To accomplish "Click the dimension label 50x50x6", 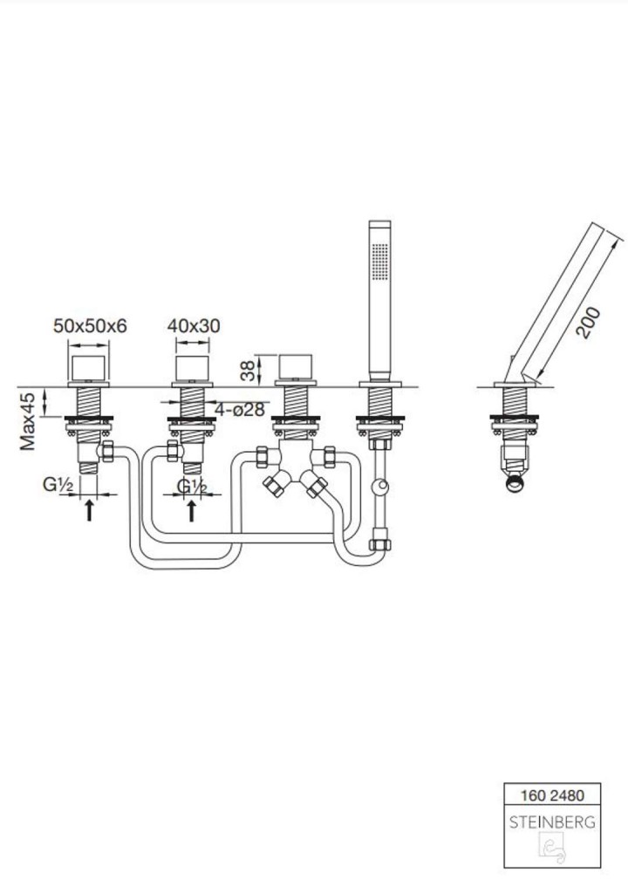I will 91,326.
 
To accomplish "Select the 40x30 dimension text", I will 194,326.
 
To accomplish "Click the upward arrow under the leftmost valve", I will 89,509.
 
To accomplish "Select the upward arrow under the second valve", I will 192,509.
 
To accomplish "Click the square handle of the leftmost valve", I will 89,369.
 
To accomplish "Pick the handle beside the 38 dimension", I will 297,369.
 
